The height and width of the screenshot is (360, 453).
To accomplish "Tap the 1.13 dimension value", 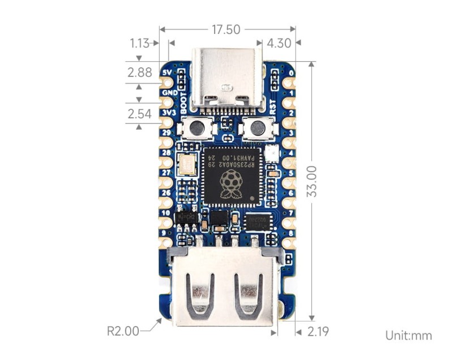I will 139,43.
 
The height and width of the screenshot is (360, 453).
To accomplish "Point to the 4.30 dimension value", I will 278,43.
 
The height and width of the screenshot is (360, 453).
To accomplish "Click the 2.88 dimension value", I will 139,72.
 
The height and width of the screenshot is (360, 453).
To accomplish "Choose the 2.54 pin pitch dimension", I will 139,114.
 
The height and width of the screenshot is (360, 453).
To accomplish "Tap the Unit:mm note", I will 408,336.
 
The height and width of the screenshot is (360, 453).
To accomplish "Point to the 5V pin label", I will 167,73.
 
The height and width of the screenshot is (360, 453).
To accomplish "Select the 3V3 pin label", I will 168,113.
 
